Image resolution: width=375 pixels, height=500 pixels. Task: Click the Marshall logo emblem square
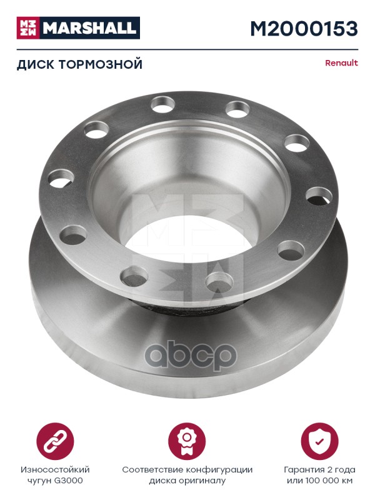click(x=27, y=28)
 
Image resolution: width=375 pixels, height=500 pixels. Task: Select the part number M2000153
click(x=304, y=29)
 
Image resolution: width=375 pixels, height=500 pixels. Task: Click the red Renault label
click(x=341, y=63)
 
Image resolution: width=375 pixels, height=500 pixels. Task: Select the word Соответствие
click(x=152, y=469)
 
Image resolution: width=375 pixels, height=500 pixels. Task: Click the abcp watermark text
click(x=191, y=356)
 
